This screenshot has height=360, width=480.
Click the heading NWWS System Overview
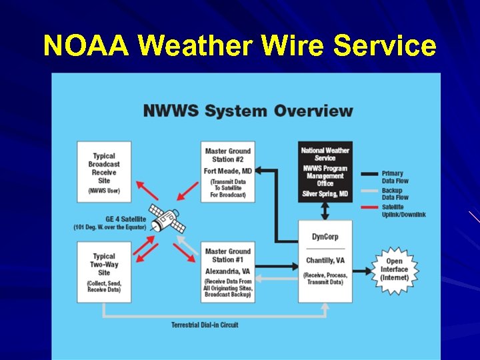point(247,110)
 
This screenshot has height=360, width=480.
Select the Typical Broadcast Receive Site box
point(103,171)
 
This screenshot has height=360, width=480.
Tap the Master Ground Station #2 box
point(228,171)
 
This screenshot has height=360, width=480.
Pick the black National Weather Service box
point(325,171)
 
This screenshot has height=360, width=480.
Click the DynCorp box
point(325,260)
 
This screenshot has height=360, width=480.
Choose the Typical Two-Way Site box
point(103,272)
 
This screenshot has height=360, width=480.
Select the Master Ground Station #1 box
point(228,273)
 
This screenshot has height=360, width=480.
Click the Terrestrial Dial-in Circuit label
point(205,325)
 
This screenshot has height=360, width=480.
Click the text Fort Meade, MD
point(228,171)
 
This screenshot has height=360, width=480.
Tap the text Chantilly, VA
point(325,261)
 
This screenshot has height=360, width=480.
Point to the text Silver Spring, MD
point(325,194)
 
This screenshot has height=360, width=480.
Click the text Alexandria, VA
point(228,272)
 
